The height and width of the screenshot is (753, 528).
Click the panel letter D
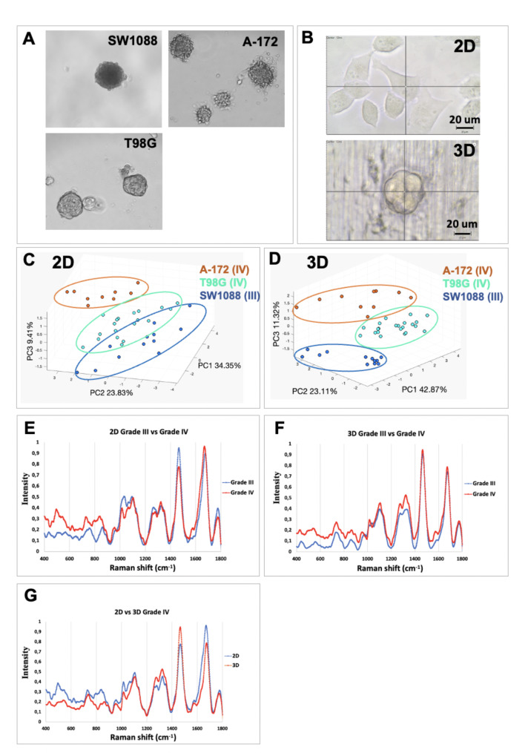click(x=277, y=261)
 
